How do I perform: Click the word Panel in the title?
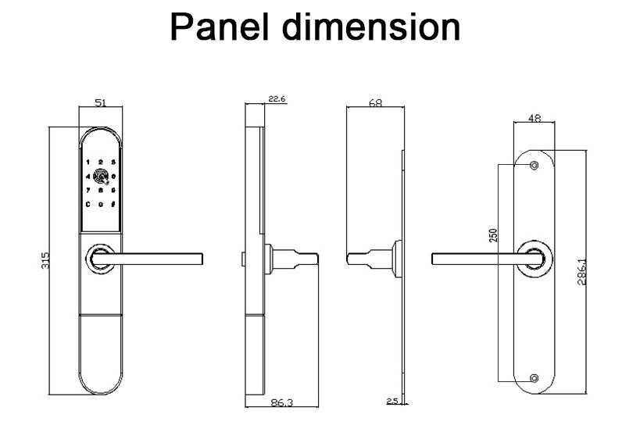[x=220, y=27]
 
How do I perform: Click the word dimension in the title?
[x=371, y=27]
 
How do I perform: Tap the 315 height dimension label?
[x=45, y=260]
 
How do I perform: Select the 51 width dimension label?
[x=101, y=102]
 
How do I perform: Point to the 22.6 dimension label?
[x=277, y=98]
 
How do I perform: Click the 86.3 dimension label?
[x=281, y=402]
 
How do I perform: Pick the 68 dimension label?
[x=375, y=102]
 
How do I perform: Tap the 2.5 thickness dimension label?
[x=392, y=401]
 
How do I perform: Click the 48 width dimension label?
[x=534, y=118]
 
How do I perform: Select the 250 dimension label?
[x=493, y=236]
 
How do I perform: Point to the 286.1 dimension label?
[x=582, y=272]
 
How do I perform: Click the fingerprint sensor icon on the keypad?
[x=101, y=177]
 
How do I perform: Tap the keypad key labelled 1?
[x=88, y=163]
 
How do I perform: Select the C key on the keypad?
[x=88, y=205]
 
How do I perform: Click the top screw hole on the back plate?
[x=534, y=165]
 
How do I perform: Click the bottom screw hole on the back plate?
[x=534, y=378]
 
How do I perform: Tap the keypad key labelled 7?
[x=88, y=191]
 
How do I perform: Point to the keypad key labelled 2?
[x=101, y=163]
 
